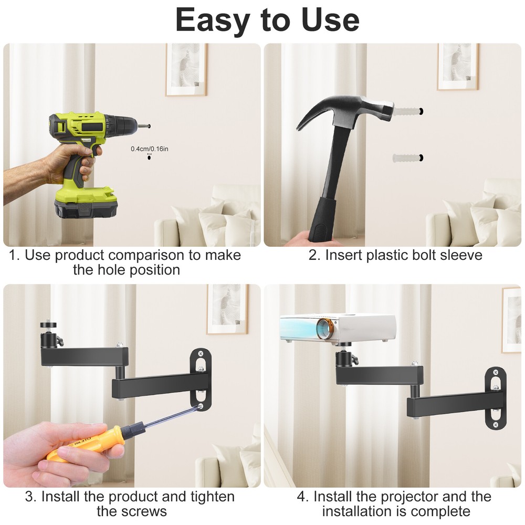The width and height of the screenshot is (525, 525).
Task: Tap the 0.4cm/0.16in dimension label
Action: point(150,149)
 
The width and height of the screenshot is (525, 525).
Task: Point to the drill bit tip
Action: point(149,126)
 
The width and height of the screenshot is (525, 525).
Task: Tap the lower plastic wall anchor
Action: point(407,157)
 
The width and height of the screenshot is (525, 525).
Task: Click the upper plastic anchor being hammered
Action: point(408,111)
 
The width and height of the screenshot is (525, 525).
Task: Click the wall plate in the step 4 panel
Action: point(495,397)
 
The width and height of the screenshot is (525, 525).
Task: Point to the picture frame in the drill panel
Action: point(186,69)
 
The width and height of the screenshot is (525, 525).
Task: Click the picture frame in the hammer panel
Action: point(457,66)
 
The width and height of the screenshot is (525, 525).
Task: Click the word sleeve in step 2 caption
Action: point(460,256)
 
